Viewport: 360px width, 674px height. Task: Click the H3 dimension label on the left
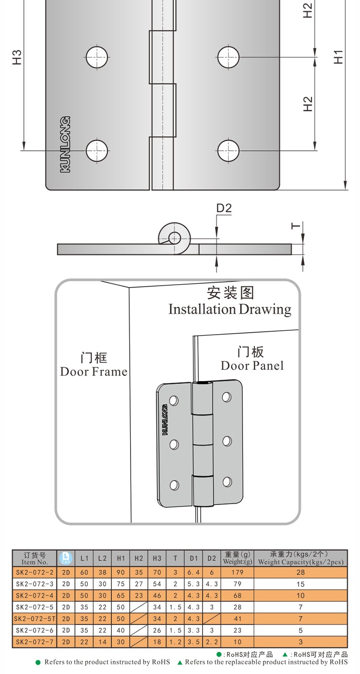[x=17, y=57]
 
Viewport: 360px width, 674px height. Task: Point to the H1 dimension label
[x=338, y=57]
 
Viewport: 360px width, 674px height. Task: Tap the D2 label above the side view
[x=224, y=208]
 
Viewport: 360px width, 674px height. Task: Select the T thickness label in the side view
[x=296, y=226]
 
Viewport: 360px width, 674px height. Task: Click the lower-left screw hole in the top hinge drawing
[x=97, y=151]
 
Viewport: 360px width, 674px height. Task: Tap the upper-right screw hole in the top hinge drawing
[x=228, y=58]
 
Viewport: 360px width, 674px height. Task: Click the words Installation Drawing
[x=229, y=309]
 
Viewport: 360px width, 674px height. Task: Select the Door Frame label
[x=94, y=372]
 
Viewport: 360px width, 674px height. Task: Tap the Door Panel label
[x=252, y=365]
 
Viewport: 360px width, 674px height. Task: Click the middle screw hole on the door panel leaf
[x=227, y=440]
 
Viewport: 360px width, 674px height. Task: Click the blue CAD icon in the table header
[x=66, y=558]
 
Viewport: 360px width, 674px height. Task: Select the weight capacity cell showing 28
[x=300, y=572]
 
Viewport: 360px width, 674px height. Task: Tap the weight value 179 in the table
[x=237, y=572]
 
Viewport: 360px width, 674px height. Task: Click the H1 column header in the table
[x=120, y=558]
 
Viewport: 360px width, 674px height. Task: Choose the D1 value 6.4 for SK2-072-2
[x=193, y=572]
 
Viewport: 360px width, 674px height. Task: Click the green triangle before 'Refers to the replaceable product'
[x=180, y=662]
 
